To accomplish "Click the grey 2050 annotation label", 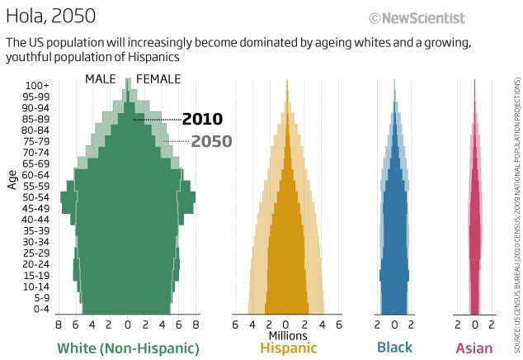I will click(x=211, y=141).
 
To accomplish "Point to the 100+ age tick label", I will click(x=36, y=85).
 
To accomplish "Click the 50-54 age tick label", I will click(x=36, y=197).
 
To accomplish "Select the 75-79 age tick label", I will click(x=36, y=141).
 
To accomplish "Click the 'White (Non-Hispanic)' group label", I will click(x=128, y=348).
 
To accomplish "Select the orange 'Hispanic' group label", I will click(x=288, y=348).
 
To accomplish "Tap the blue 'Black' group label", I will click(x=394, y=348).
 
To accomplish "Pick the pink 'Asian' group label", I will click(x=474, y=348).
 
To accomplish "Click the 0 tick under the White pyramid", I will click(x=128, y=325).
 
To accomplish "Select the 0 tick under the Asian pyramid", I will click(x=475, y=325).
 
